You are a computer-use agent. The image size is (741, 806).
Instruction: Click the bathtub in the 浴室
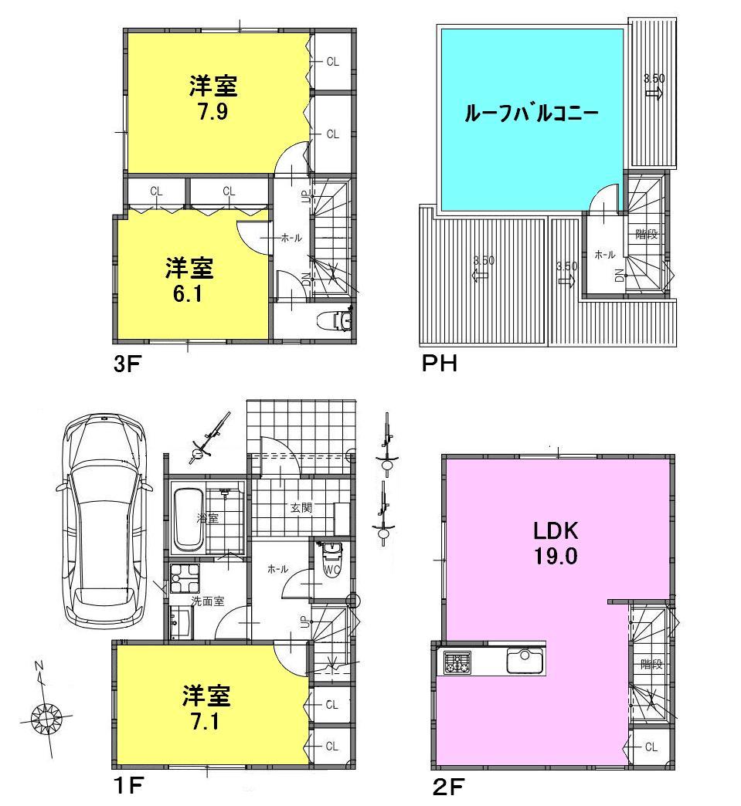186,519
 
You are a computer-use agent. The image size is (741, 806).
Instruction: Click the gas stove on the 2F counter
457,662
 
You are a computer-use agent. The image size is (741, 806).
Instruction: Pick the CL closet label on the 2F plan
651,747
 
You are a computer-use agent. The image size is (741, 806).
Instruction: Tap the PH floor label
440,363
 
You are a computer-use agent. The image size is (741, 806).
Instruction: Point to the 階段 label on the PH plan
647,234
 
